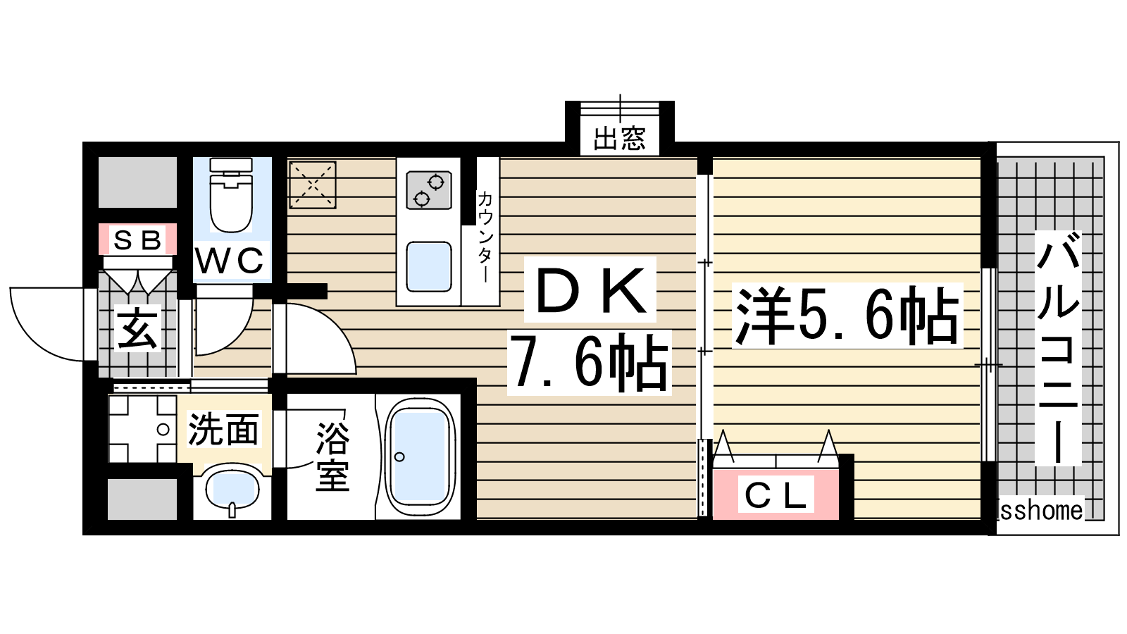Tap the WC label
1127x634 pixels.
click(x=230, y=261)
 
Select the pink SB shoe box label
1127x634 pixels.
click(x=137, y=240)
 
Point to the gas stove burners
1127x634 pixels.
click(x=429, y=190)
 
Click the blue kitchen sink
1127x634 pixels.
click(x=429, y=267)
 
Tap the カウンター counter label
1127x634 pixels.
click(x=485, y=237)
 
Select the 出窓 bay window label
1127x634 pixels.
click(x=619, y=138)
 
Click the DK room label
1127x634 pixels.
click(x=591, y=290)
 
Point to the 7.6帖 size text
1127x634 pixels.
click(x=589, y=362)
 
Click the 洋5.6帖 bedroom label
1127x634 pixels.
click(x=847, y=316)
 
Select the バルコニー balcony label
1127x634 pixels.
click(x=1057, y=348)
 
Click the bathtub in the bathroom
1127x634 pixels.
click(x=420, y=457)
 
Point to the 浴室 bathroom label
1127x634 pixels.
click(x=332, y=456)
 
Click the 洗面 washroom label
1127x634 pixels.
click(x=223, y=429)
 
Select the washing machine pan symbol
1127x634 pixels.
click(x=142, y=429)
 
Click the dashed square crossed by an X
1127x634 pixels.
click(x=313, y=185)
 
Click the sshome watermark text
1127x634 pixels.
click(x=1041, y=510)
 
